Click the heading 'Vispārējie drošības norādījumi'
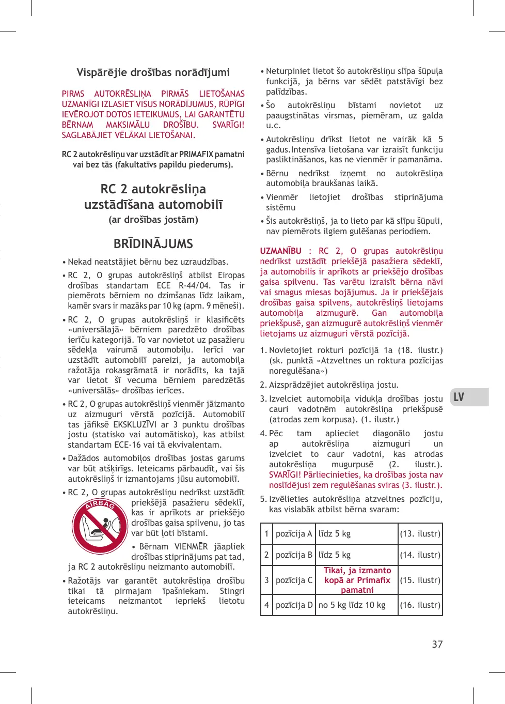153,72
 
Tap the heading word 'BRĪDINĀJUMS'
153,243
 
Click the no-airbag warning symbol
100,526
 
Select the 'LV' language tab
459,397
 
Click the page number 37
437,644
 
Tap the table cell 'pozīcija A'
294,533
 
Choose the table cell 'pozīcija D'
294,605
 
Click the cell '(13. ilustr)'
420,533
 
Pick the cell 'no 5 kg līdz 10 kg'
352,605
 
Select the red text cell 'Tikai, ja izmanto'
357,571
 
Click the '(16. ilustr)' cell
420,605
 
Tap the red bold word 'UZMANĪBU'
281,251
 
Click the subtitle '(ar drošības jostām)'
153,220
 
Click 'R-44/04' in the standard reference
194,285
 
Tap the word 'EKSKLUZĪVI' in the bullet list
135,424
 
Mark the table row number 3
266,580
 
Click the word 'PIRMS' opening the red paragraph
73,94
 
